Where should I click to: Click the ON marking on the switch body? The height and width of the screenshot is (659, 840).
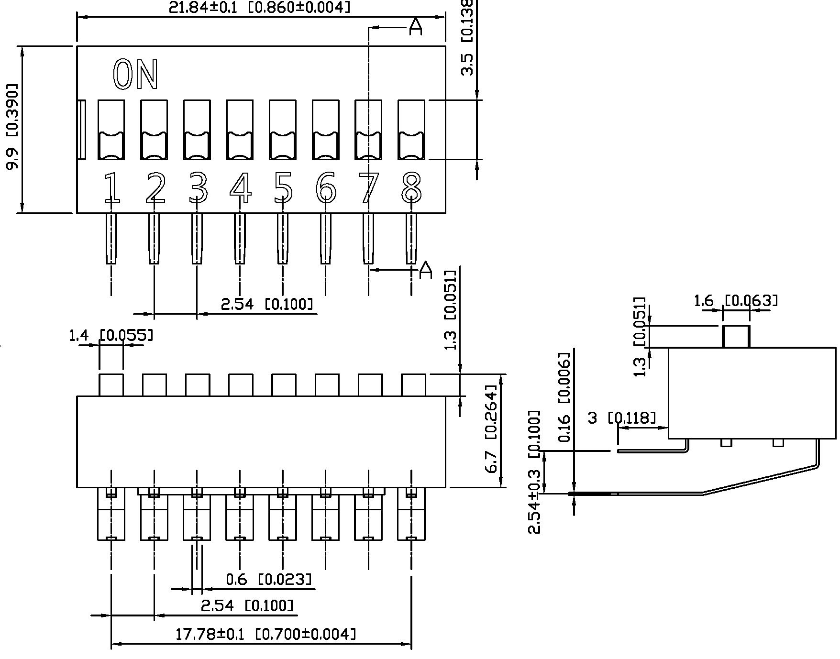[135, 75]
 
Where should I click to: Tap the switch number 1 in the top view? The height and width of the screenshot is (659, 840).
[111, 187]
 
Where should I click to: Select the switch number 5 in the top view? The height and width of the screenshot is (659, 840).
[283, 187]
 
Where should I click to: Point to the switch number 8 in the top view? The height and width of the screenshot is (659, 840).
[411, 187]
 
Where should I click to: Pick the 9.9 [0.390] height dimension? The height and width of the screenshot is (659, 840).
[11, 127]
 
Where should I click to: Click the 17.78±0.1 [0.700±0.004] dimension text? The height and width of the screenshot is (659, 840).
[265, 635]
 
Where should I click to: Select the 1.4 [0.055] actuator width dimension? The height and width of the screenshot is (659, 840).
[111, 336]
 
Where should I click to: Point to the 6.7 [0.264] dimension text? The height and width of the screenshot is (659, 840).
[492, 428]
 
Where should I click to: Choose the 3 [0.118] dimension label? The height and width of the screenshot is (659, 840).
[621, 418]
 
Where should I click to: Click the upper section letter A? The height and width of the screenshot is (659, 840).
[416, 28]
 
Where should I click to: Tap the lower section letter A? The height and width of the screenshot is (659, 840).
[425, 270]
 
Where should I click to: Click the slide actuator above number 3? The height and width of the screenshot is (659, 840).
[197, 130]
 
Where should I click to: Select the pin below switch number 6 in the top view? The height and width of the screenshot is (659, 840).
[326, 238]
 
